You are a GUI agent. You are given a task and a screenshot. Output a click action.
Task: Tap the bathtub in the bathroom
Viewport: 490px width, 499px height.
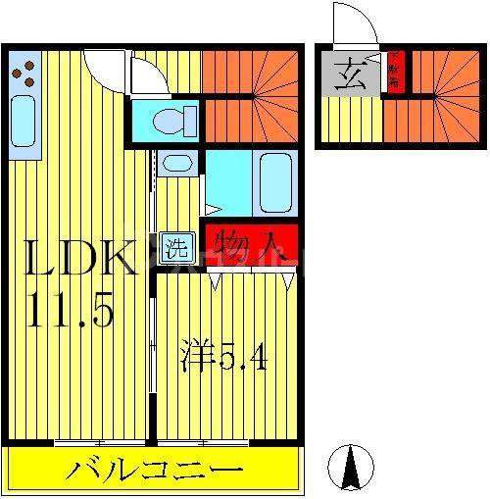pos(274,183)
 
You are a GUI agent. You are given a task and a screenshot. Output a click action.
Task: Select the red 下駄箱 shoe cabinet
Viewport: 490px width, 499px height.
pos(394,72)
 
